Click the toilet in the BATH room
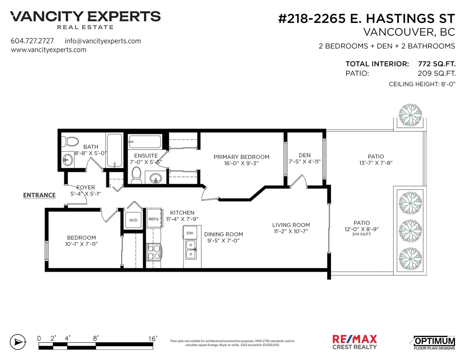click(70, 142)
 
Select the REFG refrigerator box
click(154, 218)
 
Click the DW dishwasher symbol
click(190, 233)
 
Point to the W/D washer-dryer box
click(133, 220)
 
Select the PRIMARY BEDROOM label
click(241, 157)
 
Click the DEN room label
click(305, 155)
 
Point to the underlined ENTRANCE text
click(39, 195)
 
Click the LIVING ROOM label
click(291, 225)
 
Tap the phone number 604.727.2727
click(32, 41)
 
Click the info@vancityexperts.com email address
click(103, 41)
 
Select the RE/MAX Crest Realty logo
click(354, 342)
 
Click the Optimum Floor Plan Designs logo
click(432, 343)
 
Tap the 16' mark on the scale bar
click(153, 338)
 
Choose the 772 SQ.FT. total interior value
click(437, 64)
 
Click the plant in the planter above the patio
click(410, 115)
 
